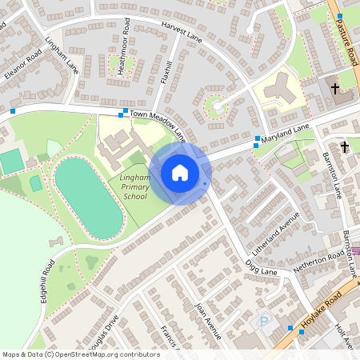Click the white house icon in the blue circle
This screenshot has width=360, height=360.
[180, 173]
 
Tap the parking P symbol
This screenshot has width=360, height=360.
[264, 321]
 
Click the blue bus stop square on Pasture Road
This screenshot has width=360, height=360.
[340, 16]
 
